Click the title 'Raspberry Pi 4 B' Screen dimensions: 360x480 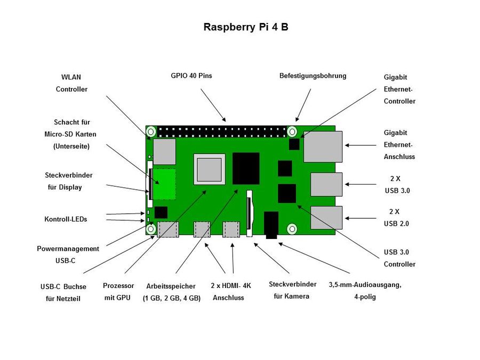[246, 27]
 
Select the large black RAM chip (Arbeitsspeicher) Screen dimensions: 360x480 [246, 169]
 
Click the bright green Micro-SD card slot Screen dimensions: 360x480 [165, 184]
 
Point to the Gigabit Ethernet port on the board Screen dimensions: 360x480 [323, 147]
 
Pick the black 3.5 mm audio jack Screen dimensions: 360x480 [271, 224]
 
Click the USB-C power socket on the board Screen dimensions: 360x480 [168, 229]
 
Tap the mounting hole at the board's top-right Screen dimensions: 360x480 [292, 131]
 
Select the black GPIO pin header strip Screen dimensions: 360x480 [221, 131]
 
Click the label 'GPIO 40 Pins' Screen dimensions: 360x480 [191, 76]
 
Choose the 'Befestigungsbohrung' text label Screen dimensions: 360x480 [313, 76]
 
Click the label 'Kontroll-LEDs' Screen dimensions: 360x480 [66, 219]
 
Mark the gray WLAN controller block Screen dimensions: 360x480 [164, 151]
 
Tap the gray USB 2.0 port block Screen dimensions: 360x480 [326, 218]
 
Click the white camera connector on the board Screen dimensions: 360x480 [249, 213]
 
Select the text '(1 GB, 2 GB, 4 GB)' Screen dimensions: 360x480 [171, 299]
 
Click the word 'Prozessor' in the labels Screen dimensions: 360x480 [118, 286]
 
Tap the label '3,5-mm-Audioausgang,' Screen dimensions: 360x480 [365, 285]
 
